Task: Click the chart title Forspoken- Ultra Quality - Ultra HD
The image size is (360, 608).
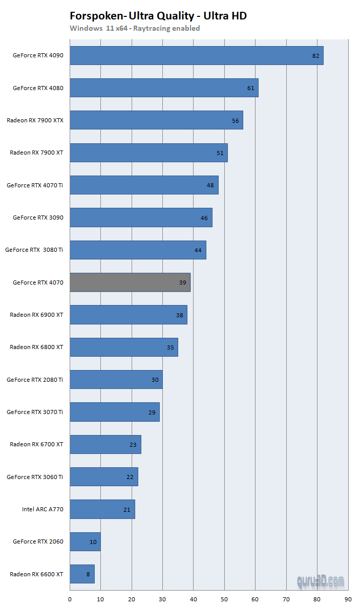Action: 158,16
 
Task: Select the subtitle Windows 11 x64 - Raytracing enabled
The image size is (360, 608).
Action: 135,28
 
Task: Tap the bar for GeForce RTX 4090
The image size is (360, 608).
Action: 196,55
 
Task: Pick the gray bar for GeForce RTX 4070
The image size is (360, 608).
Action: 130,282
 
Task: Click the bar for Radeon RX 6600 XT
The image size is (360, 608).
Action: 82,574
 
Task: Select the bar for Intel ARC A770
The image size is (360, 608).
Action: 102,509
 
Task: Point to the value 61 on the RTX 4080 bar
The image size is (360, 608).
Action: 250,88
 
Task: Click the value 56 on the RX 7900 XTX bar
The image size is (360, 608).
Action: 235,121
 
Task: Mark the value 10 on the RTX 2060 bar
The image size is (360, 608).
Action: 93,541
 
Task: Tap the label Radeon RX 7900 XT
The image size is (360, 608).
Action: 36,153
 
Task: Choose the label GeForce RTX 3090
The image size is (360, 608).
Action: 38,218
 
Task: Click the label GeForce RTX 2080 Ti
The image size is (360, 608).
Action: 35,380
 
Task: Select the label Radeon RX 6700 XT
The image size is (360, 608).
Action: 36,444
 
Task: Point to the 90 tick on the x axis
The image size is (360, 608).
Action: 348,598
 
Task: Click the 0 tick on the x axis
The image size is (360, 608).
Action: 70,598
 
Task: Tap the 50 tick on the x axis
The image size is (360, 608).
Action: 224,598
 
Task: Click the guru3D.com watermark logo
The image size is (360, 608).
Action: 321,581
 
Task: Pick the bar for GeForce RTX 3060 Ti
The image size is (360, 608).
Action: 104,476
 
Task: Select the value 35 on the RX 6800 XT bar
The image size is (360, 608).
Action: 170,348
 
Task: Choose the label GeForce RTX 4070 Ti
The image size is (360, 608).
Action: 35,185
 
